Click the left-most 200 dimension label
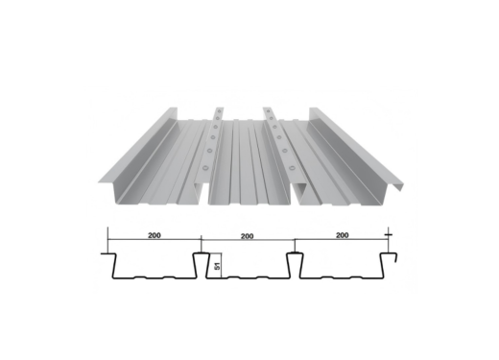click(153, 234)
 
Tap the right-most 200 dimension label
click(340, 234)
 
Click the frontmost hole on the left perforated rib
click(204, 168)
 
